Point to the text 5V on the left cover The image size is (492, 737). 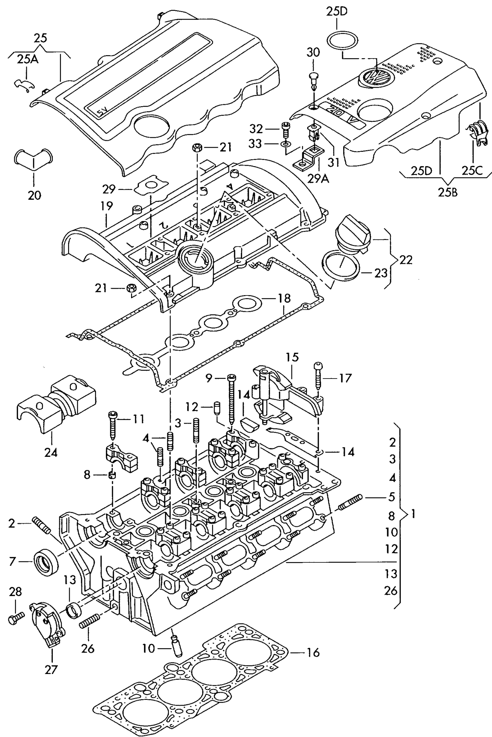coord(101,111)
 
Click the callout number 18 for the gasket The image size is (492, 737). coord(284,298)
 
